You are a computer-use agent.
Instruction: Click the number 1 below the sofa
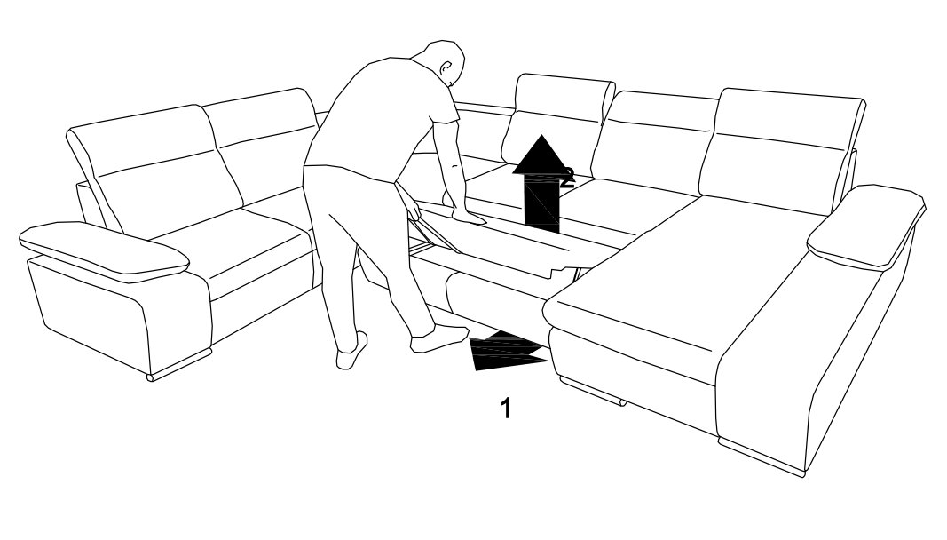506,408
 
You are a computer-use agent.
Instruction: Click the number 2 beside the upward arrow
567,177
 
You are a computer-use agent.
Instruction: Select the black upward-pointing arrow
542,183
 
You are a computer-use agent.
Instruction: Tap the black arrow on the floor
509,351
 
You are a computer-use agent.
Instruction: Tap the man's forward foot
439,338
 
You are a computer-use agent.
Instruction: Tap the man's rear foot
351,352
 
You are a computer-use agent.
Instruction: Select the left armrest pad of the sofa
104,251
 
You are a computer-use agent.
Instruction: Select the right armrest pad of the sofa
865,226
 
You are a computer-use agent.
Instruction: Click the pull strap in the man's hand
434,232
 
